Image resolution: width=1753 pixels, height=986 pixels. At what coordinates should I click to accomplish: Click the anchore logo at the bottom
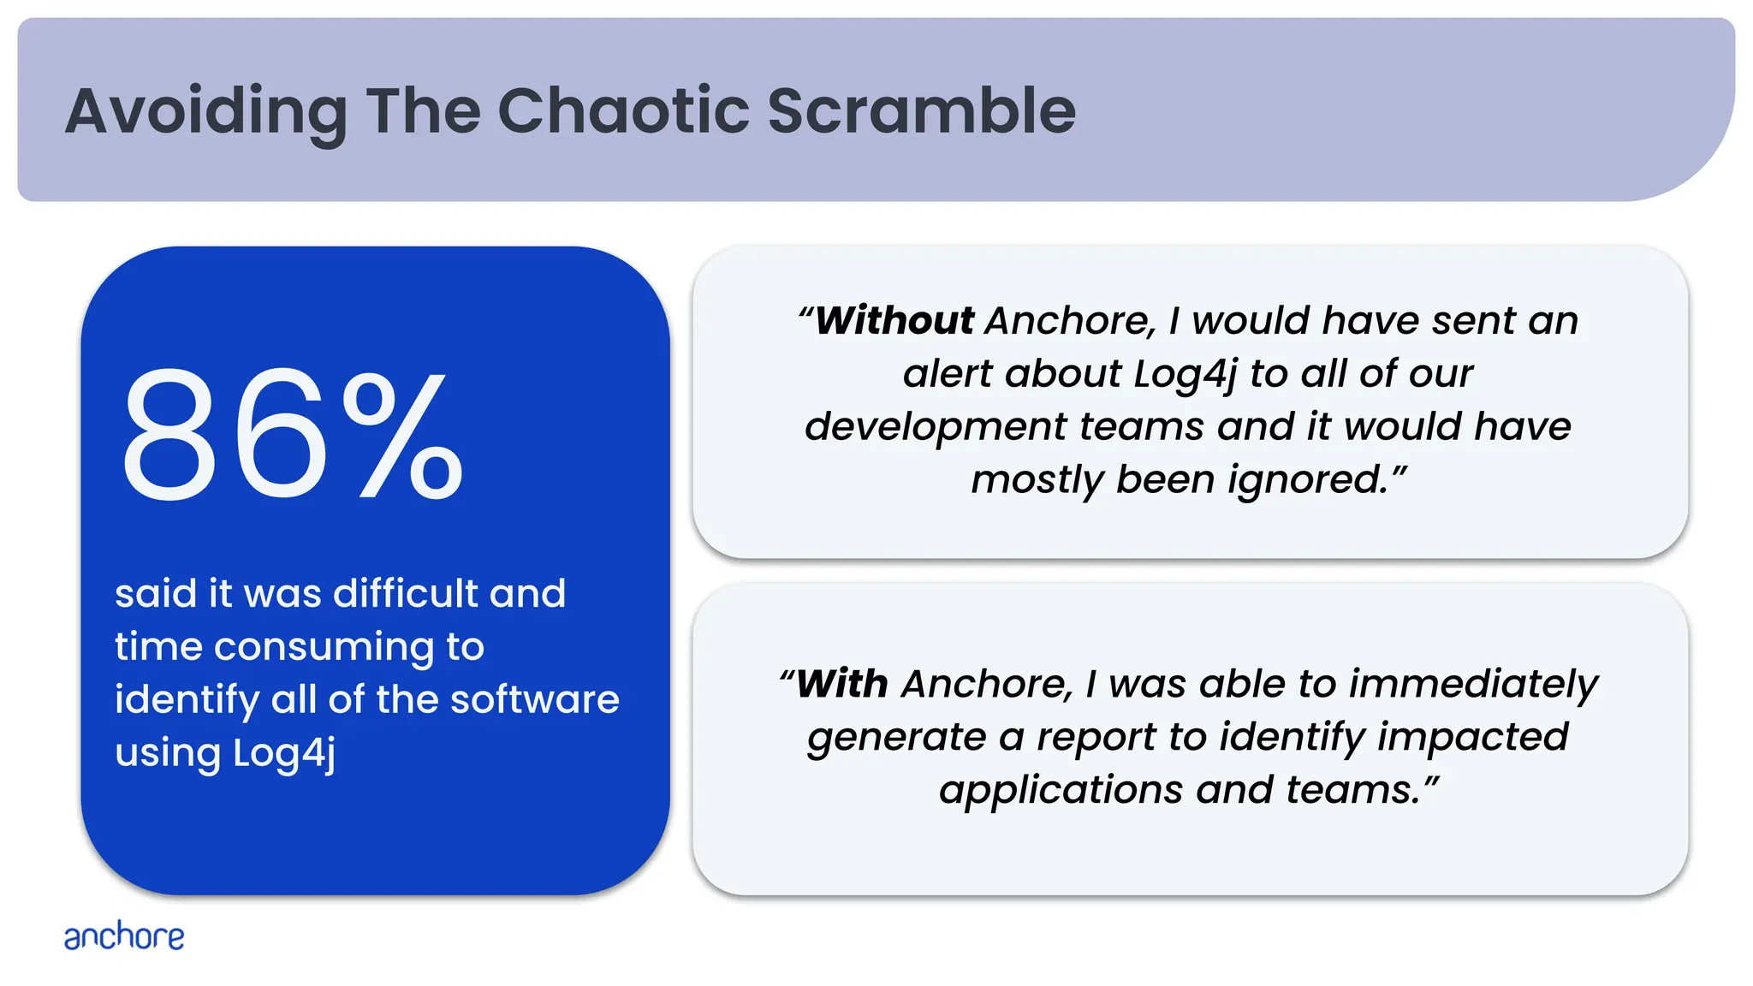coord(124,936)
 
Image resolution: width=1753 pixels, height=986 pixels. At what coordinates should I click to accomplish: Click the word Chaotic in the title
coord(623,111)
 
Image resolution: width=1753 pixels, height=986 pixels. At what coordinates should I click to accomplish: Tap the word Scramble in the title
coord(921,111)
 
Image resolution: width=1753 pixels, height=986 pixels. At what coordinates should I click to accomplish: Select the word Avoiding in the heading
coord(205,113)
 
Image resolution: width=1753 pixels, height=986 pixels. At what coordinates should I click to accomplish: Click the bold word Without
coord(894,321)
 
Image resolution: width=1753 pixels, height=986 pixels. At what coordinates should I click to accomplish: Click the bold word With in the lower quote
coord(841,684)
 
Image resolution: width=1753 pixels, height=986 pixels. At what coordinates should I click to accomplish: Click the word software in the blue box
coord(535,699)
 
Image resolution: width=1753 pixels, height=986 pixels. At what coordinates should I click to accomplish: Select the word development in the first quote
coord(936,426)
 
